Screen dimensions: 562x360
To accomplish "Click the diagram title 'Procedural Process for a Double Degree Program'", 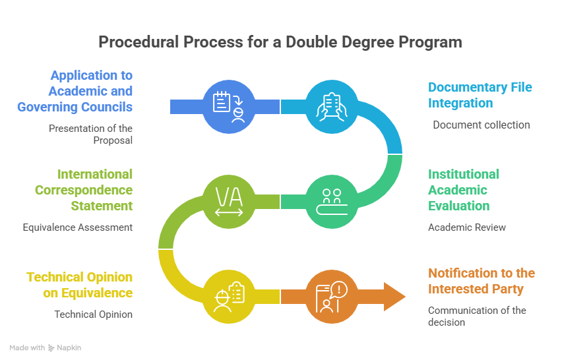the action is click(x=280, y=42).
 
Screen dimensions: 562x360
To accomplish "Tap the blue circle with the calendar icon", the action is click(x=229, y=107).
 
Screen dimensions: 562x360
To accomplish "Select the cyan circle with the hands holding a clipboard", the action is click(x=332, y=107).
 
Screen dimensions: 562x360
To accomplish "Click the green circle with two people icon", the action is click(x=332, y=202).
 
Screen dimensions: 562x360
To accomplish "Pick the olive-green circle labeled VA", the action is click(x=229, y=202).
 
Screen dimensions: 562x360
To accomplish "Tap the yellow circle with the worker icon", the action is click(x=229, y=297).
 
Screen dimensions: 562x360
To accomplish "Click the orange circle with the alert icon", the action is click(x=332, y=297).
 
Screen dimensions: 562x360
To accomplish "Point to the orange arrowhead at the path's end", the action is click(x=394, y=297).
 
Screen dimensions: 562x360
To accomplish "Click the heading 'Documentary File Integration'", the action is click(x=480, y=95).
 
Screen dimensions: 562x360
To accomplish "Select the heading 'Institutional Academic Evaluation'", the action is click(x=464, y=190).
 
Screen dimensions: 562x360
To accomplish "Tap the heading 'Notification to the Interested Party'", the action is click(x=482, y=281).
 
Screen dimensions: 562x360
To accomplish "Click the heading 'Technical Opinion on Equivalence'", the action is click(x=80, y=285).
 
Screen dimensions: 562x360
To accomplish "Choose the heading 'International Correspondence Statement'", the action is click(x=84, y=190).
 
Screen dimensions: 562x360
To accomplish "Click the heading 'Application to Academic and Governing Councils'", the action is click(x=75, y=91).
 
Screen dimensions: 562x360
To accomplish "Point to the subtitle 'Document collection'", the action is click(x=482, y=125).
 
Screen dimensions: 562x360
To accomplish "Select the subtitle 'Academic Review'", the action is click(x=466, y=227).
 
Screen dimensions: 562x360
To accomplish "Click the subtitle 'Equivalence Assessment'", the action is click(x=78, y=227).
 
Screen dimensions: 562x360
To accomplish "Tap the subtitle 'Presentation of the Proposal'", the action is click(x=90, y=135).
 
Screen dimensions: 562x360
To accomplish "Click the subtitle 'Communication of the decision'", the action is click(x=477, y=316).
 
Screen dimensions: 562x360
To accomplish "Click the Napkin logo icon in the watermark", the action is click(x=51, y=348).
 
